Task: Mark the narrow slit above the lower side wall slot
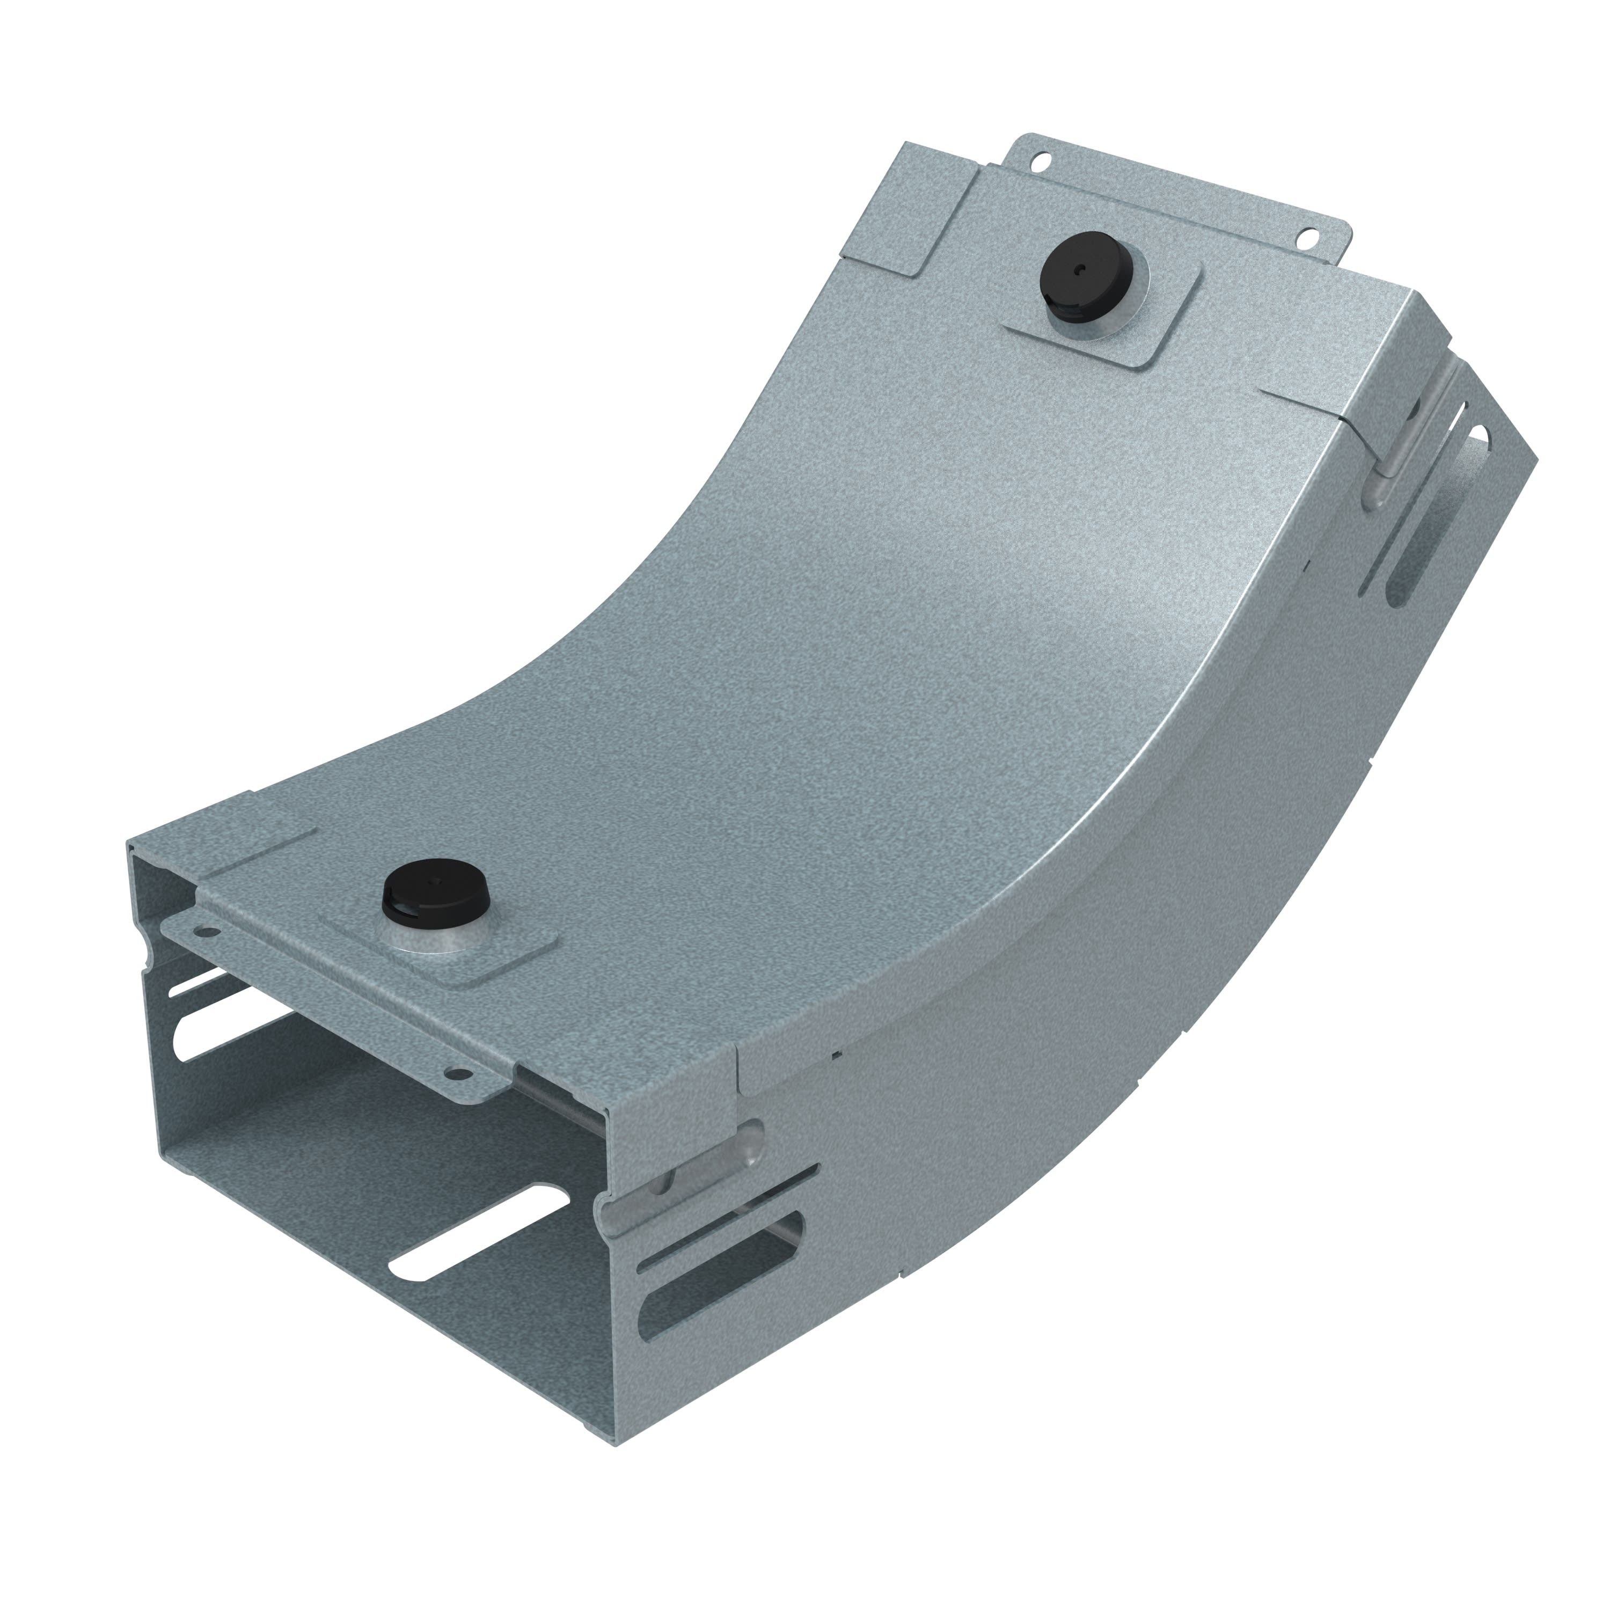725,1206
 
